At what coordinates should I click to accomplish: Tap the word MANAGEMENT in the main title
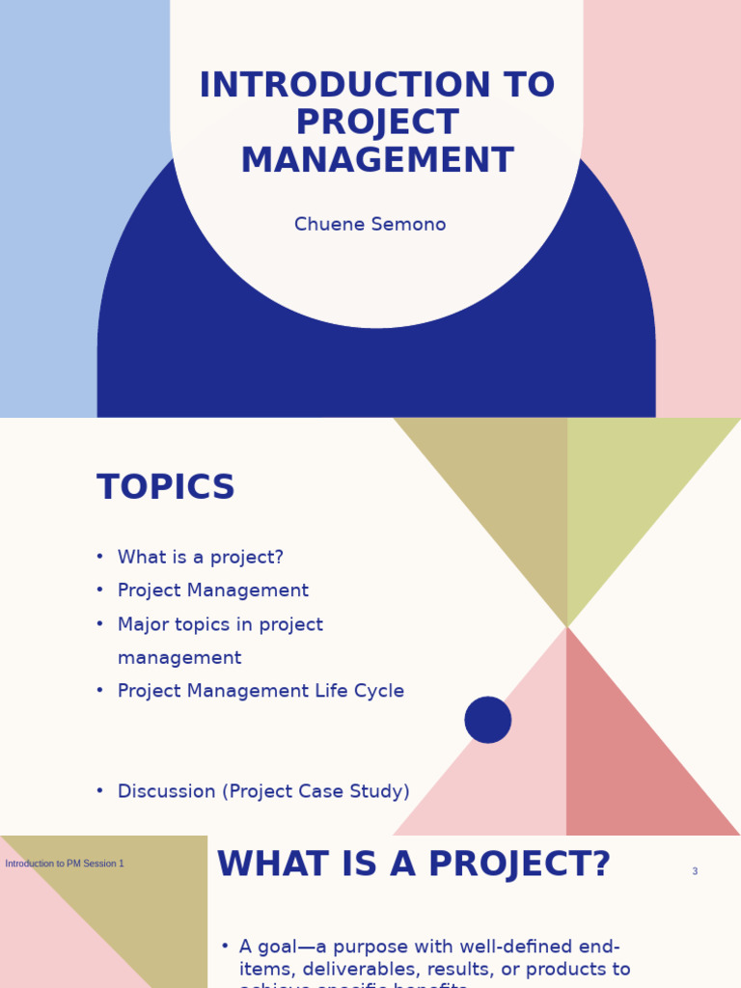377,161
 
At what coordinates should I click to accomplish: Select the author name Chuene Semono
370,225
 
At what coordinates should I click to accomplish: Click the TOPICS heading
166,488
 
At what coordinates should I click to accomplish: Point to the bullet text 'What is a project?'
201,558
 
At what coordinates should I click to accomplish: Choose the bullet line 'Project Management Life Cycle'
261,692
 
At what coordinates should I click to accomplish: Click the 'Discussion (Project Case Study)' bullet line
263,792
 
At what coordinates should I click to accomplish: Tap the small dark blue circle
488,720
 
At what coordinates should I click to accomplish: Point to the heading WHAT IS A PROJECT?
414,865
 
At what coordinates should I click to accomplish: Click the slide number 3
695,872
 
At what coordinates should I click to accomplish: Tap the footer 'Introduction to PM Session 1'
65,864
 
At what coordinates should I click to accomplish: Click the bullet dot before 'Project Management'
99,590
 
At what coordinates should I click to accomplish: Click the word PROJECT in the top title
377,123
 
